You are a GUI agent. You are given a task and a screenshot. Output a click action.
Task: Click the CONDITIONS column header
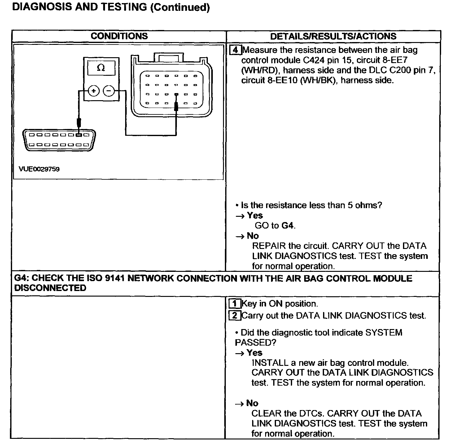pyautogui.click(x=119, y=36)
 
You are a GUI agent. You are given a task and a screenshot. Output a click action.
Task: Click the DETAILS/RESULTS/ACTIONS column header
pyautogui.click(x=333, y=36)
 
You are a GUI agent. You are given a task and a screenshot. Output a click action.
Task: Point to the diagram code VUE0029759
pyautogui.click(x=39, y=169)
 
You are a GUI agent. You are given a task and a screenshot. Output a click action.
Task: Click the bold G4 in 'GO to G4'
pyautogui.click(x=287, y=225)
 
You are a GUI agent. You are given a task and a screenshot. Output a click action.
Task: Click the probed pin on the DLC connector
pyautogui.click(x=79, y=135)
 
